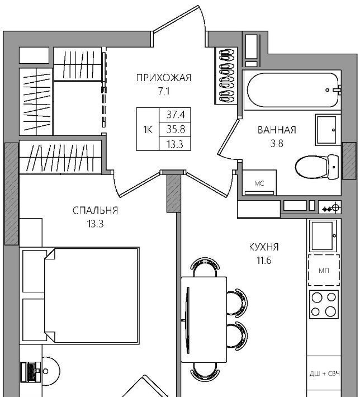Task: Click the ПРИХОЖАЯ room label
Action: tap(164, 78)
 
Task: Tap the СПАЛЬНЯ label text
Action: tap(95, 210)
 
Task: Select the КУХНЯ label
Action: tap(264, 247)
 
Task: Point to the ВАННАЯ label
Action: tap(277, 130)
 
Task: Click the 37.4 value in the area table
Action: tap(175, 115)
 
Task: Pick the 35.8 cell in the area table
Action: tap(175, 129)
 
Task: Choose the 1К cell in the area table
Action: tap(148, 130)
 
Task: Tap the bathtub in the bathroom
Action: tap(293, 90)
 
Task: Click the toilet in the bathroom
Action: tap(317, 167)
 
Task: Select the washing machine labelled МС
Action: tap(259, 182)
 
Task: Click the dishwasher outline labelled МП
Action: tap(324, 270)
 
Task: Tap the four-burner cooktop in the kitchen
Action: tap(324, 304)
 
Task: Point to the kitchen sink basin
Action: tap(323, 235)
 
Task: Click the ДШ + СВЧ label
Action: tap(325, 374)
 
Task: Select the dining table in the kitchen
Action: tap(204, 320)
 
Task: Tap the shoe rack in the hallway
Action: tap(226, 76)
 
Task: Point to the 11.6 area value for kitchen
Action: tap(264, 260)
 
